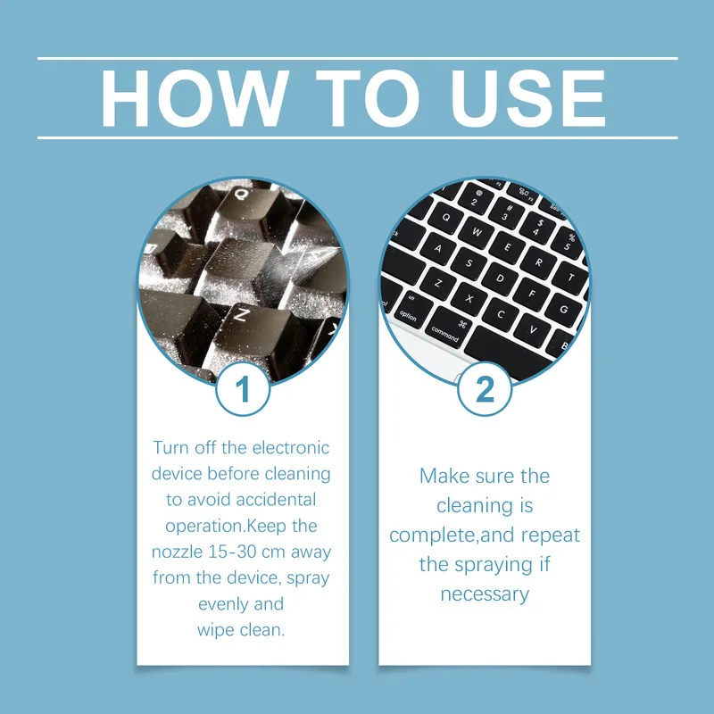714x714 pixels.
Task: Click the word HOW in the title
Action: click(x=191, y=98)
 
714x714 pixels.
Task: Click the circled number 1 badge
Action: click(x=243, y=389)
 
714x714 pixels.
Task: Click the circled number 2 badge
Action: click(x=485, y=389)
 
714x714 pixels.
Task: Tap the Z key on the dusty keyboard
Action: click(x=240, y=313)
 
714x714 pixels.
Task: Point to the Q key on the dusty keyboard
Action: click(x=241, y=193)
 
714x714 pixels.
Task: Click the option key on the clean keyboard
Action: click(x=408, y=317)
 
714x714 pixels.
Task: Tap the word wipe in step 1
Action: click(x=215, y=630)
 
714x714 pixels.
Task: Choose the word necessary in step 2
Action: click(x=485, y=594)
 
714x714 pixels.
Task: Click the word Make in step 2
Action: click(x=444, y=476)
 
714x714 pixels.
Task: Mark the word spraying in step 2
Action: click(x=494, y=564)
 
